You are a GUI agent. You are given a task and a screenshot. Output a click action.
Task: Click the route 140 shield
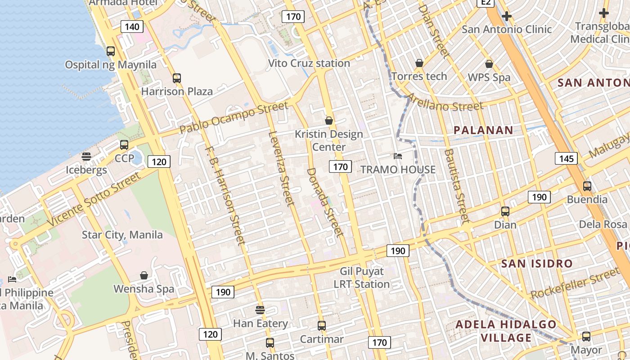click(x=132, y=27)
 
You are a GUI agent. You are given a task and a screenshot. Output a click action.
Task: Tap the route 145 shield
click(x=566, y=158)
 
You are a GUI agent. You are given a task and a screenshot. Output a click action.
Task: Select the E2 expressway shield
click(x=486, y=2)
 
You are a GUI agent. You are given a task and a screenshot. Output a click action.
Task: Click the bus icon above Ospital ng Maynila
click(x=111, y=51)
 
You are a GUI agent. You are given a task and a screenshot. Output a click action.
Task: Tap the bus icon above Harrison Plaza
click(x=177, y=78)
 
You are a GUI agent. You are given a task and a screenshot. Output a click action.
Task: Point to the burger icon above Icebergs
click(x=86, y=157)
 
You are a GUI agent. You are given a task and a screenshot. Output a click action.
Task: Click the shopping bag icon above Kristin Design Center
click(x=329, y=121)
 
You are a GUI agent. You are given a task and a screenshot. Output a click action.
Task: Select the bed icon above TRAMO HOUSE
click(x=398, y=156)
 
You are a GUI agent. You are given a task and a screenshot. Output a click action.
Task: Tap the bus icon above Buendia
click(x=587, y=186)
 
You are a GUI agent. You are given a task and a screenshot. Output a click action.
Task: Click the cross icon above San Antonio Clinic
click(x=507, y=16)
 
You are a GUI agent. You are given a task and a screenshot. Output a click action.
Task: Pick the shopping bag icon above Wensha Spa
click(x=144, y=275)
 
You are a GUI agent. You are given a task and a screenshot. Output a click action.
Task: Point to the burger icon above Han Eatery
click(x=260, y=310)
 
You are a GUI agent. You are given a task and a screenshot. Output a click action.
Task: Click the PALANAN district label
click(x=483, y=130)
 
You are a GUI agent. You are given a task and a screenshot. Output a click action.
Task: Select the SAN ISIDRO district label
click(x=537, y=263)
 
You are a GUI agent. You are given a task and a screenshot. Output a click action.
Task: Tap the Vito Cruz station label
click(x=309, y=63)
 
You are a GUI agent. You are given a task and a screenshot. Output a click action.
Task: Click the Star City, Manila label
click(x=122, y=234)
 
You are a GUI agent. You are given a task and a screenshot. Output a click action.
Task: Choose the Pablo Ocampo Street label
click(x=234, y=117)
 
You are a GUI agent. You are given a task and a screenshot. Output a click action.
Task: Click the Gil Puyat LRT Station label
click(x=362, y=278)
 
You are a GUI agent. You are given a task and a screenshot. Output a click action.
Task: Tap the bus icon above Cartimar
click(x=322, y=326)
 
